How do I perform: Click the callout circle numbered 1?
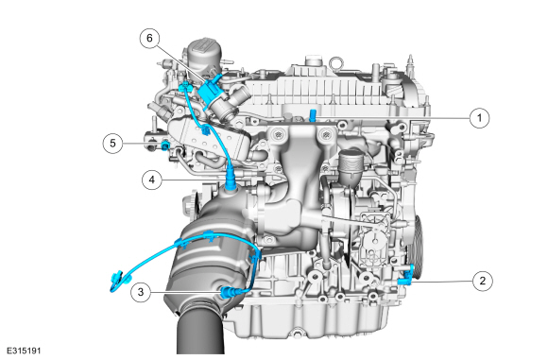click(x=479, y=118)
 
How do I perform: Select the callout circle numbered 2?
click(x=483, y=281)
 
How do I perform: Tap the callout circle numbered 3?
click(x=141, y=292)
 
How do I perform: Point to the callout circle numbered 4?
click(x=152, y=180)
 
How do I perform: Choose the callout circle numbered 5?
click(x=112, y=144)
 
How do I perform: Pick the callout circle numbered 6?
click(x=149, y=38)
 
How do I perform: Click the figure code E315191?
click(x=24, y=351)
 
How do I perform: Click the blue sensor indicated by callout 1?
click(x=313, y=115)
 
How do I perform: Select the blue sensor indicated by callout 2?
click(x=406, y=275)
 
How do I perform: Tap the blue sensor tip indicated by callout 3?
click(x=226, y=291)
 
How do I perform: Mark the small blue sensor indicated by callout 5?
click(x=165, y=146)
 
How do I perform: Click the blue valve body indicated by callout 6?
click(x=211, y=92)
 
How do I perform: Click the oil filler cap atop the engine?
click(x=203, y=55)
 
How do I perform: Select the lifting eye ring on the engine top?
click(x=335, y=63)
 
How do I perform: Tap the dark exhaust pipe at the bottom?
click(x=200, y=331)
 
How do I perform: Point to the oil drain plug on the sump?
click(x=298, y=333)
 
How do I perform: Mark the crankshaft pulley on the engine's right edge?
click(x=418, y=246)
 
